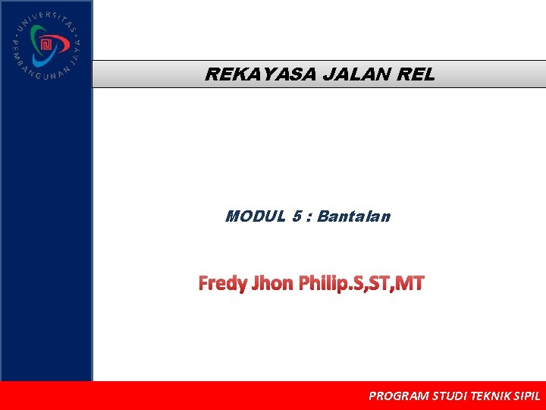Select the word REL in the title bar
click(415, 74)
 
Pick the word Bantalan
click(353, 216)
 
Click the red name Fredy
click(222, 284)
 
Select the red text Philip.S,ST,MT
click(362, 284)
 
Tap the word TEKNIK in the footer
click(491, 396)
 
